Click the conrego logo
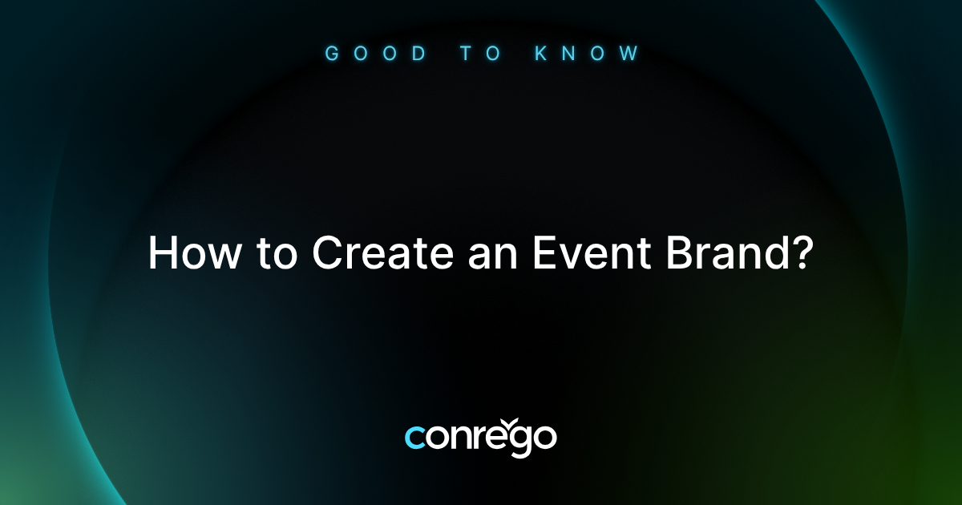pyautogui.click(x=480, y=437)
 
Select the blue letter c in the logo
pyautogui.click(x=416, y=438)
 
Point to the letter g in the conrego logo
pyautogui.click(x=516, y=442)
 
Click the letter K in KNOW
pyautogui.click(x=541, y=54)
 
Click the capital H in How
pyautogui.click(x=163, y=254)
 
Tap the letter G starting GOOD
pyautogui.click(x=330, y=54)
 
